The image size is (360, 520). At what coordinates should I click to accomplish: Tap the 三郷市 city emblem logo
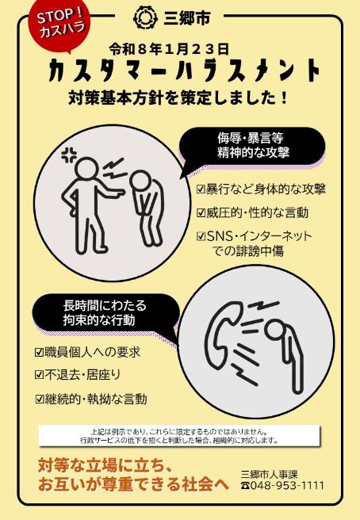[x=143, y=16]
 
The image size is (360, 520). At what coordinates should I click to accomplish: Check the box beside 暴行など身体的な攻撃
[x=201, y=190]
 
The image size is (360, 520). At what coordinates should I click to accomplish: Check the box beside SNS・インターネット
[x=201, y=236]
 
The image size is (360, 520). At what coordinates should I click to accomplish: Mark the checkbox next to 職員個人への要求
[x=39, y=352]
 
